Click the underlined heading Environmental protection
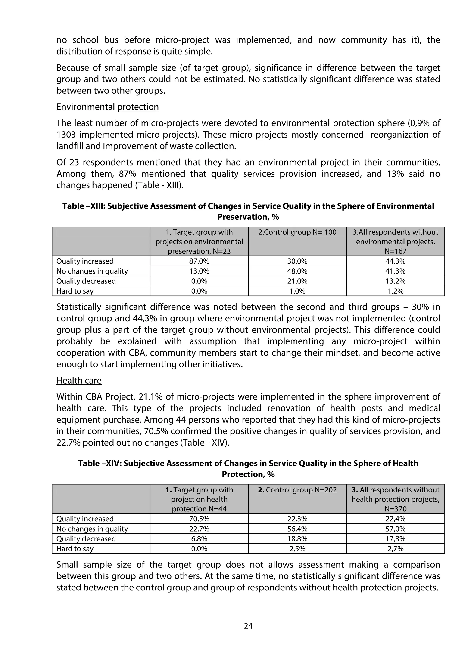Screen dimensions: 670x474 coord(107,107)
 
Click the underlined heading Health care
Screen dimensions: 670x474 coord(79,381)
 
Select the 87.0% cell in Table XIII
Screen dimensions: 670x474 coord(199,261)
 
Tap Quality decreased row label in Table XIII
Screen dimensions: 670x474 coord(86,281)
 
